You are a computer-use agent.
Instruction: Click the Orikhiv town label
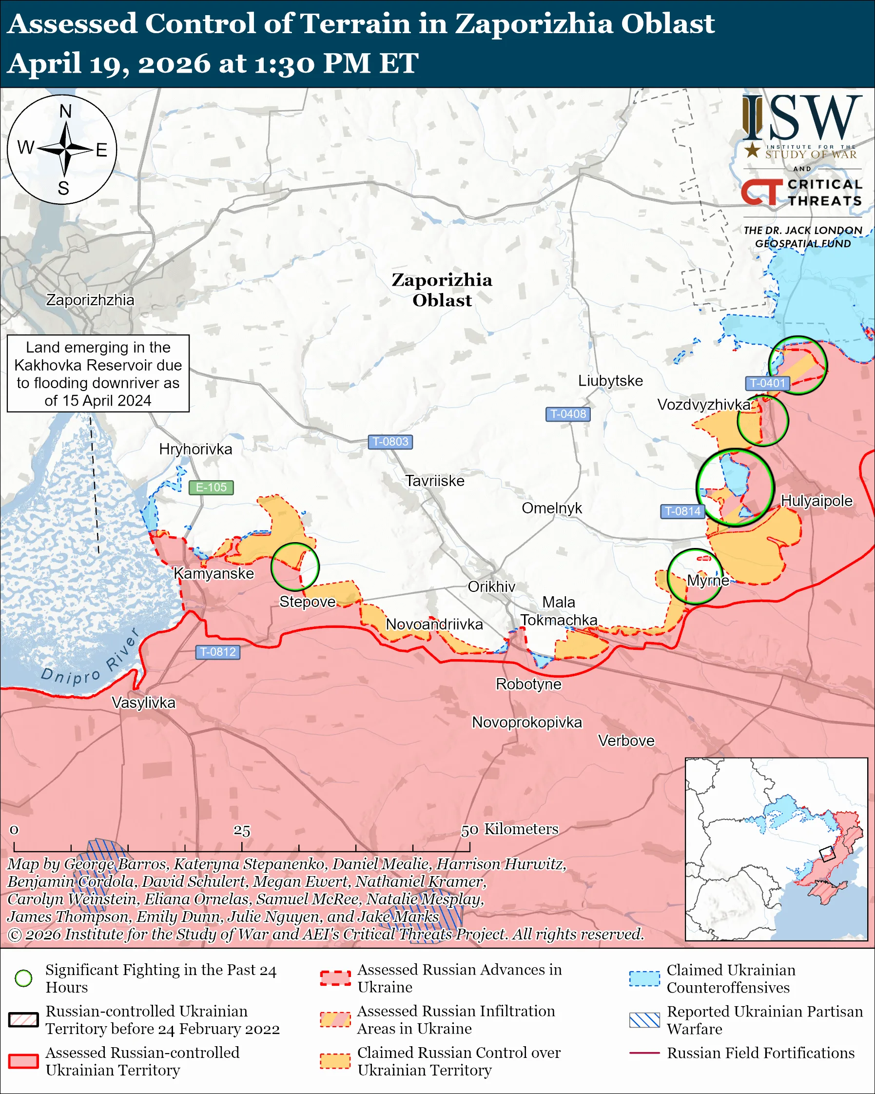point(491,586)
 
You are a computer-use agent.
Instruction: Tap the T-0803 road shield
point(390,442)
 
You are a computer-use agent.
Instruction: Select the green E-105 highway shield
point(211,487)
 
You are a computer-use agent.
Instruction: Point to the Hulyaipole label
point(816,500)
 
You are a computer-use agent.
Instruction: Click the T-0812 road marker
point(217,651)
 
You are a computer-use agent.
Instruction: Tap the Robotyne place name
point(528,684)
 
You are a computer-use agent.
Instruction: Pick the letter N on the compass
point(65,111)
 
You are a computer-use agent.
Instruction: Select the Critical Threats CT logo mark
point(761,191)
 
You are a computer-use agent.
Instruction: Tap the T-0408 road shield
point(567,413)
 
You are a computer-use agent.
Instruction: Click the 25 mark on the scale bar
point(242,831)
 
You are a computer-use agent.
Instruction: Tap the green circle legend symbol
point(24,978)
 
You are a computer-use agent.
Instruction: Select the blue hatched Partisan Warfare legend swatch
point(644,1020)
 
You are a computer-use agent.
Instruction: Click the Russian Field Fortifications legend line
point(644,1053)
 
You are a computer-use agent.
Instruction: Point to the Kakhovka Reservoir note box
point(98,373)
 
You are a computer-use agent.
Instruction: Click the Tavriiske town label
point(435,481)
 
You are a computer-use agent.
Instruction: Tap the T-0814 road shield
point(683,511)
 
